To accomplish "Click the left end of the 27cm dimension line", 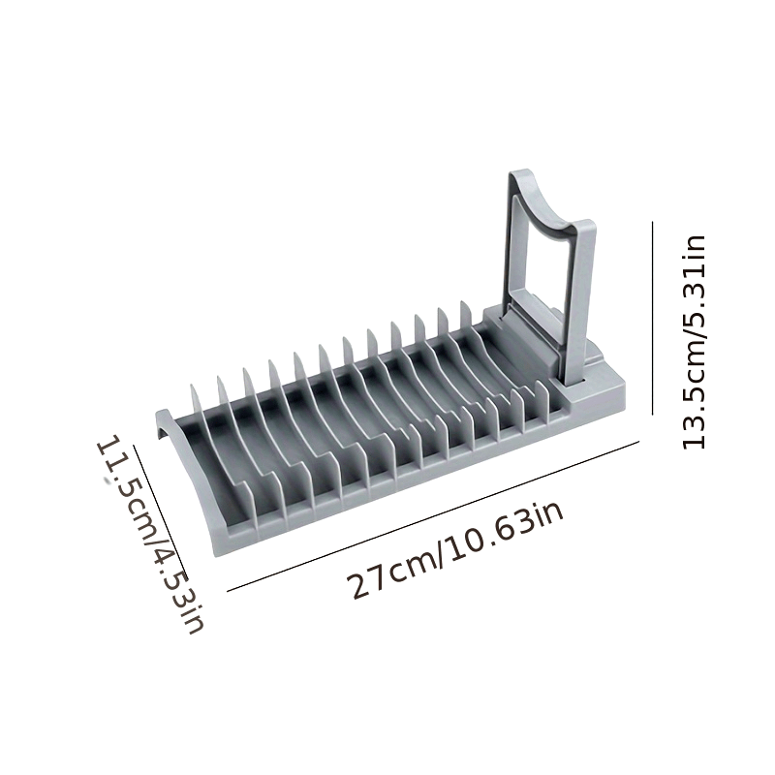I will (228, 588).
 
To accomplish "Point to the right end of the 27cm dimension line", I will (639, 442).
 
